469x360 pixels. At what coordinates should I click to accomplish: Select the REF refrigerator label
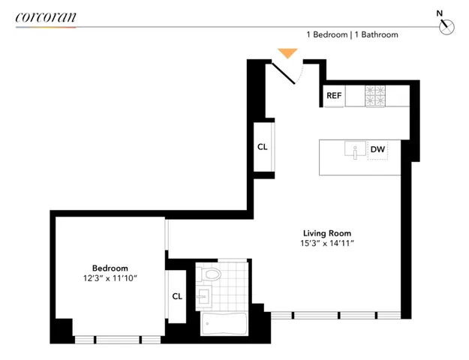click(x=334, y=96)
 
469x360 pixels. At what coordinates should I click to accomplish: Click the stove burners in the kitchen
click(x=374, y=96)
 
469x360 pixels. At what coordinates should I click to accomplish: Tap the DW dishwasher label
click(x=377, y=150)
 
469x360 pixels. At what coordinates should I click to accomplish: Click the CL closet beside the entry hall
click(x=262, y=147)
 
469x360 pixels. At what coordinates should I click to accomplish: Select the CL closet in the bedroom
click(x=177, y=296)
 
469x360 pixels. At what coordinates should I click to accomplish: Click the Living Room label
click(x=326, y=233)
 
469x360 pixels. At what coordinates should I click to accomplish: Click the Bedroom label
click(x=110, y=268)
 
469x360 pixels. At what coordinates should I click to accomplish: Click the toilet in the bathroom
click(x=210, y=274)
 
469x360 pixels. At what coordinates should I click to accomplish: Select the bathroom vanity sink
click(x=203, y=298)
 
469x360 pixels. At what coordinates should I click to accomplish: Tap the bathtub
click(x=223, y=325)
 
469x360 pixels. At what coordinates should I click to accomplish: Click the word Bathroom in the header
click(x=379, y=34)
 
